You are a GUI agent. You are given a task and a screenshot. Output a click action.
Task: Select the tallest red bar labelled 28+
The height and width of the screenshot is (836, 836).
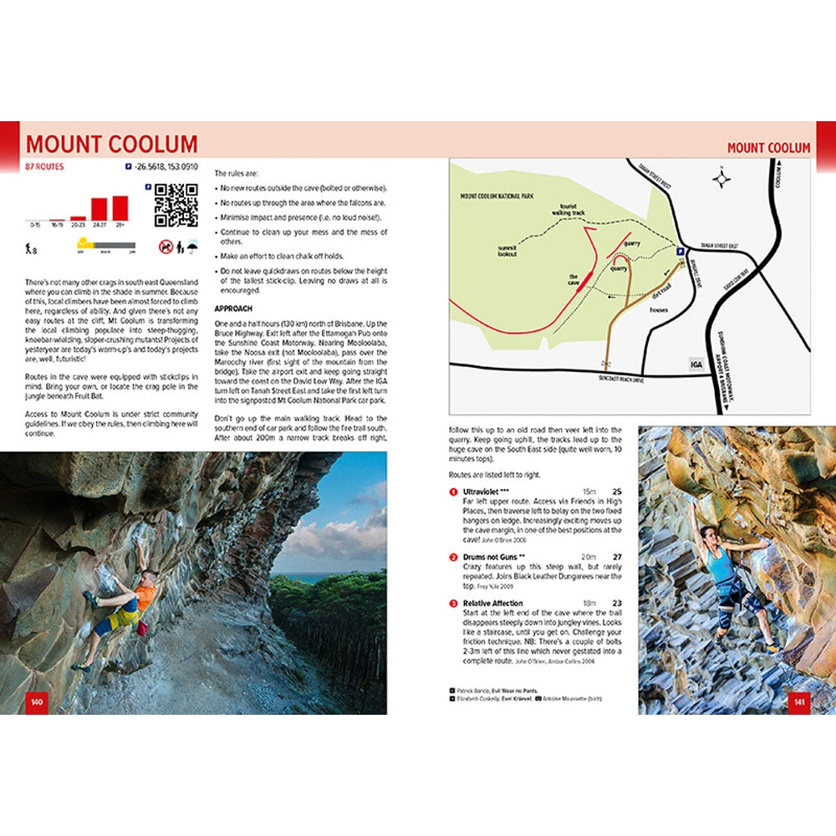(x=121, y=207)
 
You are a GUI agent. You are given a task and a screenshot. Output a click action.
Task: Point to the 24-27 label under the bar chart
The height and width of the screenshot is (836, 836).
(x=99, y=224)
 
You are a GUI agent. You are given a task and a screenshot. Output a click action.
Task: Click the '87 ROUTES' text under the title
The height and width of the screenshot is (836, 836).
(x=45, y=166)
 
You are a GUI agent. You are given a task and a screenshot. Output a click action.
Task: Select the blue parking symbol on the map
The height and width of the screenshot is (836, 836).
(x=680, y=250)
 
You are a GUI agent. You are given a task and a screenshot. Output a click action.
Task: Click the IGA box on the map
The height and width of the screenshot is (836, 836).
(x=696, y=364)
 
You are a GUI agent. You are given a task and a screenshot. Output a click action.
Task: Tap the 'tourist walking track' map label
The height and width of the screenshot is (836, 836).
(x=568, y=210)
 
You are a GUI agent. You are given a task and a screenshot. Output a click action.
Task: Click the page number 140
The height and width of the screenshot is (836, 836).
(x=36, y=701)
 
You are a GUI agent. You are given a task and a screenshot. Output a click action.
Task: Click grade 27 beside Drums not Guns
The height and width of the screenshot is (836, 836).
(x=617, y=556)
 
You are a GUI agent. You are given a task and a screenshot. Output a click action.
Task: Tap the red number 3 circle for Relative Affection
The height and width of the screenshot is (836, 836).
(x=453, y=603)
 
